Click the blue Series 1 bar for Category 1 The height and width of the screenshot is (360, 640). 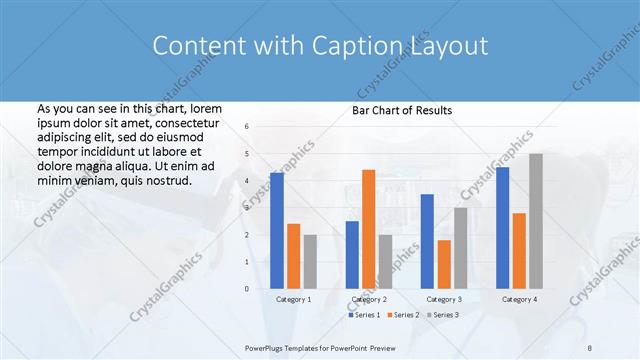(x=277, y=231)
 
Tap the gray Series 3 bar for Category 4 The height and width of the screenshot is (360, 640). (x=536, y=221)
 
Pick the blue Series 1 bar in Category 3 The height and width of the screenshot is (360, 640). (x=427, y=241)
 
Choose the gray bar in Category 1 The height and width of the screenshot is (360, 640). (x=310, y=261)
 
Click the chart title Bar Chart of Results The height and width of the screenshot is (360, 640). (x=403, y=110)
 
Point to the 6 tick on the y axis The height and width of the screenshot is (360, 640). (x=247, y=126)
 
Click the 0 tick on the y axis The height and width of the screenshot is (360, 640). (x=247, y=288)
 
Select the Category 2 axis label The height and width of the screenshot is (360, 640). (x=369, y=299)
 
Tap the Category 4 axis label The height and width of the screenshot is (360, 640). (x=519, y=299)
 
